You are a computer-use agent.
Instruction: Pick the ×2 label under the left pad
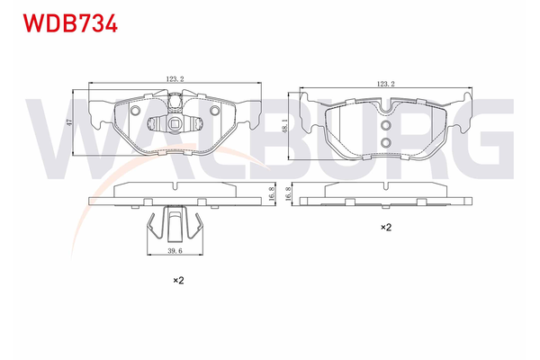177,281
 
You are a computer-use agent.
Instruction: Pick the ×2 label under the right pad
385,228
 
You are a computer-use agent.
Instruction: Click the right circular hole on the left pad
215,111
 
